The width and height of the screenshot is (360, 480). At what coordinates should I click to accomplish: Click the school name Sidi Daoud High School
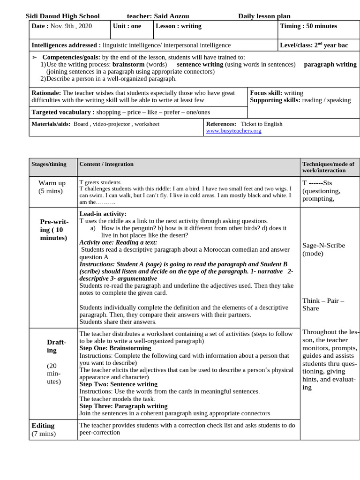[62, 16]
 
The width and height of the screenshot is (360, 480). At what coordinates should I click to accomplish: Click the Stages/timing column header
[49, 164]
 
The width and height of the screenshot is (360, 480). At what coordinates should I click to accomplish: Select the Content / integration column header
[106, 164]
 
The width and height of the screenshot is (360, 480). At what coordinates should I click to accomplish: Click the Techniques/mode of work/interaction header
[328, 167]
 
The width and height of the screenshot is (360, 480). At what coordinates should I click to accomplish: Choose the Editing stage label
[43, 426]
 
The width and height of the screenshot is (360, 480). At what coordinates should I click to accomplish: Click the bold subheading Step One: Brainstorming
[115, 348]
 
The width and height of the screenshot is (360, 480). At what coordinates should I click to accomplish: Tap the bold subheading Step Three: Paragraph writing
[123, 406]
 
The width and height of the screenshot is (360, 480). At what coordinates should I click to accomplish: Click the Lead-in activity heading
[103, 214]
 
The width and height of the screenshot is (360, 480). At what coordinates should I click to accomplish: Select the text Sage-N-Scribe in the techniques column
[323, 245]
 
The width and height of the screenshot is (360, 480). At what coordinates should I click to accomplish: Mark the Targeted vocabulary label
[63, 112]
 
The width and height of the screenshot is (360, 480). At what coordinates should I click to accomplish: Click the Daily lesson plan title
[264, 16]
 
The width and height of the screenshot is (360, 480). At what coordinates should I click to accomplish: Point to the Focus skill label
[266, 93]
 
